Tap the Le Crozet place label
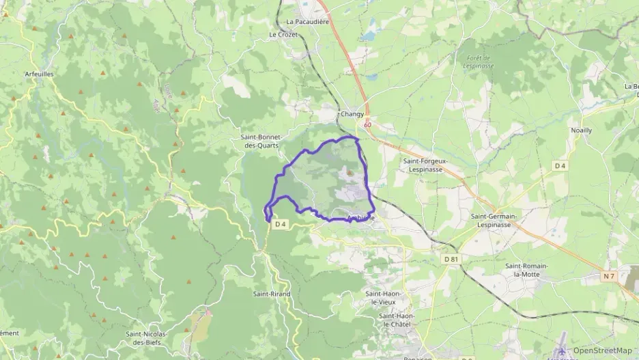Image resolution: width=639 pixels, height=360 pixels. [x=283, y=34]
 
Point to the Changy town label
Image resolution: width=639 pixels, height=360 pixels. [x=352, y=114]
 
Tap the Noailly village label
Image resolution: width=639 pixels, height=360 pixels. [x=581, y=130]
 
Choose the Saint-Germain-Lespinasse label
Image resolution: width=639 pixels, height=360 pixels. [x=494, y=220]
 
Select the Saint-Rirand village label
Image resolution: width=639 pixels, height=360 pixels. [x=272, y=294]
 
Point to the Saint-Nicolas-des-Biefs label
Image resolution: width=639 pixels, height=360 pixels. [x=147, y=337]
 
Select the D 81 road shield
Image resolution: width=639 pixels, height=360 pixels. [x=451, y=259]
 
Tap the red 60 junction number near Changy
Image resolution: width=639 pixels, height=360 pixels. [x=368, y=125]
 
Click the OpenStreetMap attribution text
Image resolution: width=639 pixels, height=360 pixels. [x=602, y=350]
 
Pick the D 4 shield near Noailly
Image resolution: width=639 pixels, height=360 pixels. [x=560, y=165]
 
